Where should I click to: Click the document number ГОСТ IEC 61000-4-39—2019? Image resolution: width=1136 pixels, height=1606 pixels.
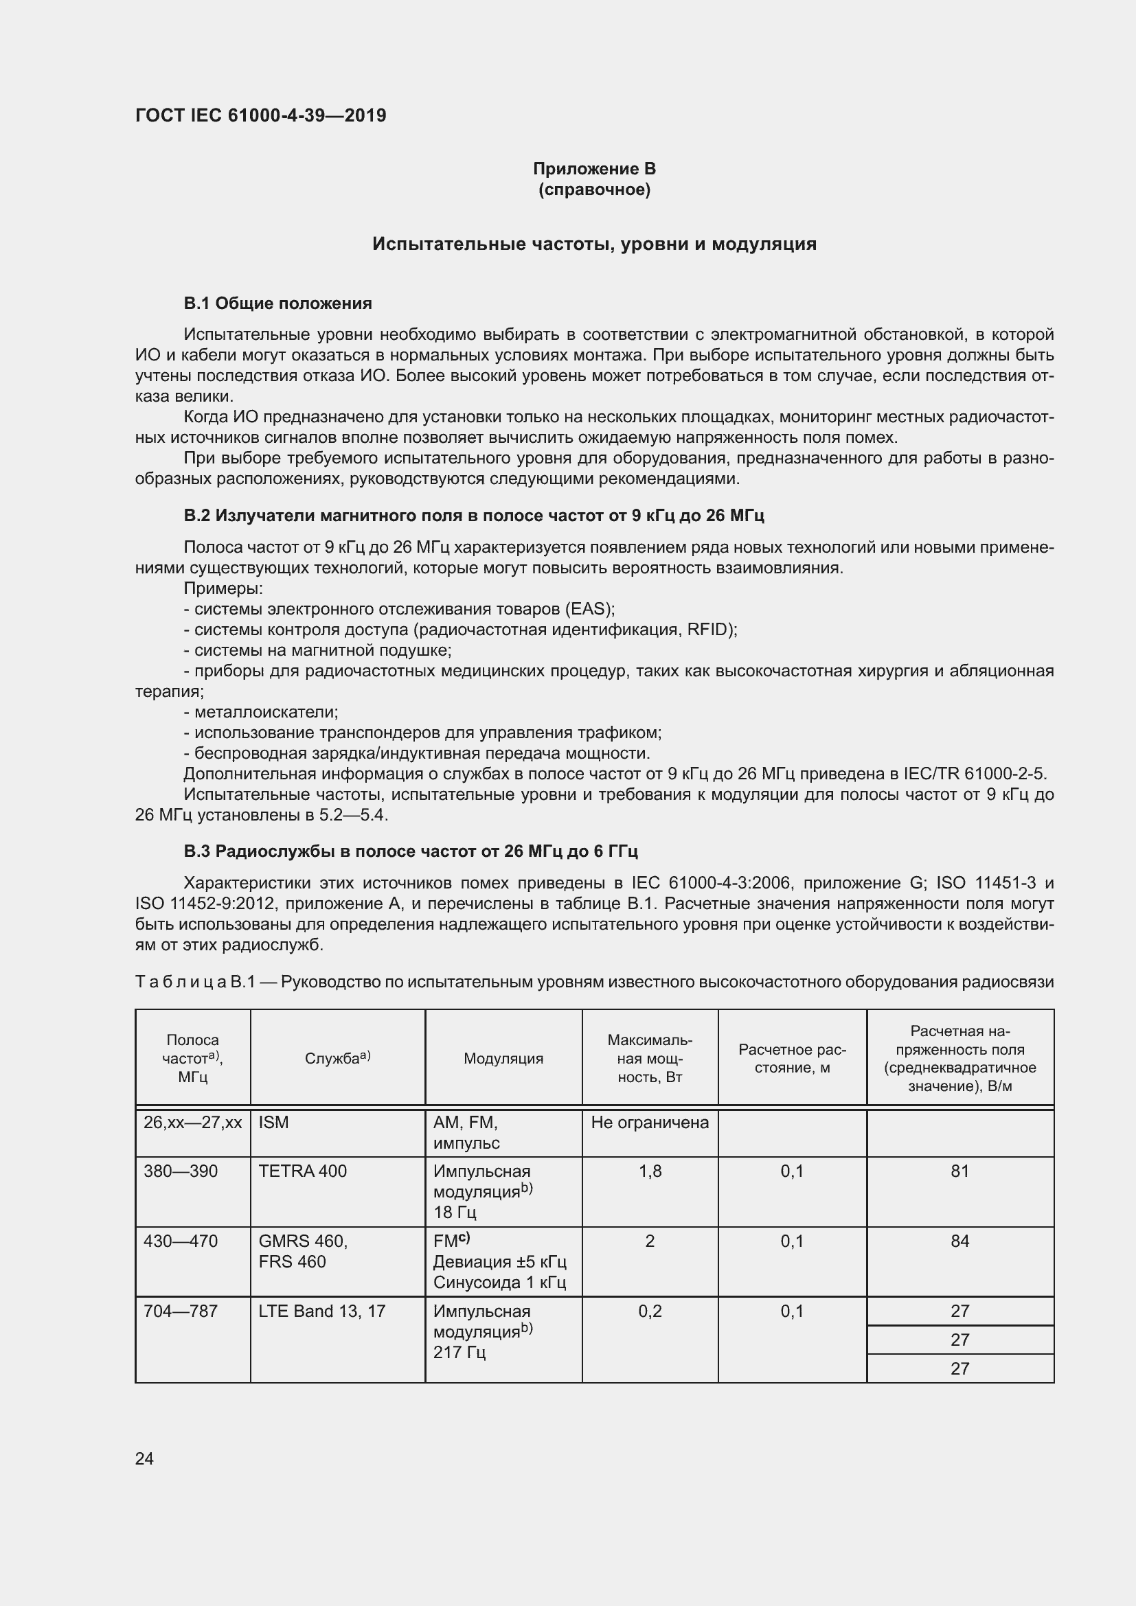click(260, 115)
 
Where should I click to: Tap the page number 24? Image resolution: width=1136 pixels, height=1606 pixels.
click(144, 1458)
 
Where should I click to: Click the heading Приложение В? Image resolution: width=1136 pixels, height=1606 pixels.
click(594, 169)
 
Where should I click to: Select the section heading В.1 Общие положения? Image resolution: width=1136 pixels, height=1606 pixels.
click(277, 303)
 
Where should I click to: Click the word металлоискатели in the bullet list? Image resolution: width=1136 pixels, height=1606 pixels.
click(266, 712)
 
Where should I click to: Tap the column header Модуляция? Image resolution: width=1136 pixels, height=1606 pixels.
click(503, 1058)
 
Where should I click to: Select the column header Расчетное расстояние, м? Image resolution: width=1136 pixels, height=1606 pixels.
click(792, 1058)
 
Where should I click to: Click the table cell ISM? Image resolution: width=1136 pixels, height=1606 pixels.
click(273, 1123)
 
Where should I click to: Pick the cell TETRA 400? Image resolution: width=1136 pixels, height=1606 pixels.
click(302, 1171)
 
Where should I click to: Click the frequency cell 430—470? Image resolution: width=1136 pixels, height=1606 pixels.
click(181, 1241)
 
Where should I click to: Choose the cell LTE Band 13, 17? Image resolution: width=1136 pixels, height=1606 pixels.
click(321, 1311)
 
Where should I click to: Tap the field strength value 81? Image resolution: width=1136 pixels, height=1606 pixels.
click(959, 1171)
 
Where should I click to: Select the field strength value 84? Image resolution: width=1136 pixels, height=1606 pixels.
click(959, 1241)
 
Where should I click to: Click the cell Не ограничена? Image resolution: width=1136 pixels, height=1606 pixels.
click(649, 1123)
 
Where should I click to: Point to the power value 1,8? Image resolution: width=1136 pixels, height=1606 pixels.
click(649, 1171)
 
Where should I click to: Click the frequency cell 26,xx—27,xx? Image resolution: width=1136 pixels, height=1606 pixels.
click(192, 1123)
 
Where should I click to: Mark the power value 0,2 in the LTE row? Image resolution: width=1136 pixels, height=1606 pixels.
click(649, 1311)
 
